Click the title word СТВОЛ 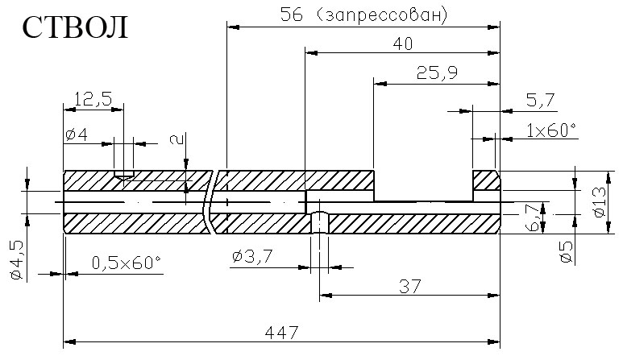coord(75,27)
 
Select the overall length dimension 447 coord(281,333)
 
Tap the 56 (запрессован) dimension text coord(364,15)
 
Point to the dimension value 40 coord(403,43)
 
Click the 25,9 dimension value coord(437,73)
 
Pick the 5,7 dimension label coord(540,101)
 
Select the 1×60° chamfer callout coord(551,130)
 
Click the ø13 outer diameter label coord(600,201)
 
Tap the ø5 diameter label coord(567,252)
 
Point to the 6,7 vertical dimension coord(534,217)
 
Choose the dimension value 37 coord(409,286)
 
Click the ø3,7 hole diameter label coord(252,256)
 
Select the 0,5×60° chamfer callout coord(127,263)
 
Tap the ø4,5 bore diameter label coord(18,260)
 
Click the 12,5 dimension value coord(93,99)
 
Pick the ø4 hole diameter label coord(77,135)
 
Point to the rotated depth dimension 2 coord(177,139)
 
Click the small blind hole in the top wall coord(123,175)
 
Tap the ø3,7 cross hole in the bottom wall coord(319,222)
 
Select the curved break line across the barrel coord(209,202)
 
